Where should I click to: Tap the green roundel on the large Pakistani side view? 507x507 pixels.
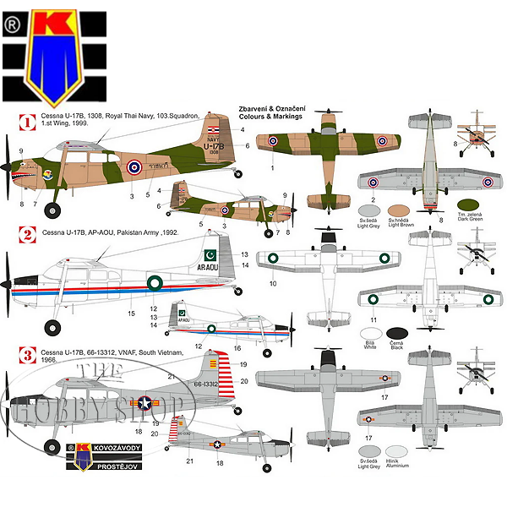[157, 286]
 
